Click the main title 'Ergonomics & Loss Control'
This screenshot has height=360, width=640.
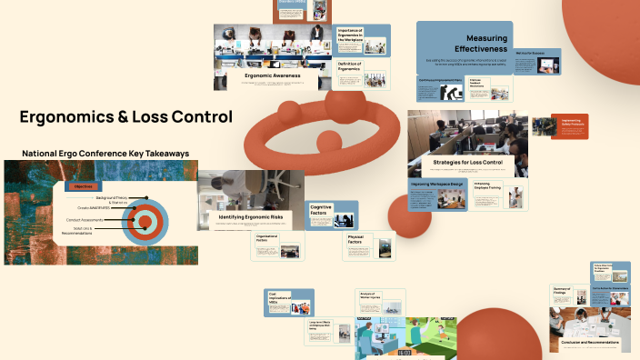(125, 117)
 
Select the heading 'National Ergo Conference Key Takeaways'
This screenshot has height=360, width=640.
(105, 154)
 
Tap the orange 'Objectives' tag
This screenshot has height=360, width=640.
(83, 185)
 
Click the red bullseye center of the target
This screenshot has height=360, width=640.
(144, 219)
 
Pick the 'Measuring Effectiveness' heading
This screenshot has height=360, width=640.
(464, 42)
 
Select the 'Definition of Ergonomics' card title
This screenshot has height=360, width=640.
(350, 65)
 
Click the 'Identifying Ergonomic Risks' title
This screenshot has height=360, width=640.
(250, 217)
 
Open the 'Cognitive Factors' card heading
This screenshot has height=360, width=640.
(321, 210)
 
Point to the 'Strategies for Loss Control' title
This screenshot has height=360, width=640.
(467, 162)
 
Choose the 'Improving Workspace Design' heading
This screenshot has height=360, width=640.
(436, 183)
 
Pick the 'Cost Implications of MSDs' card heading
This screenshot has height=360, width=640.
(278, 296)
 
